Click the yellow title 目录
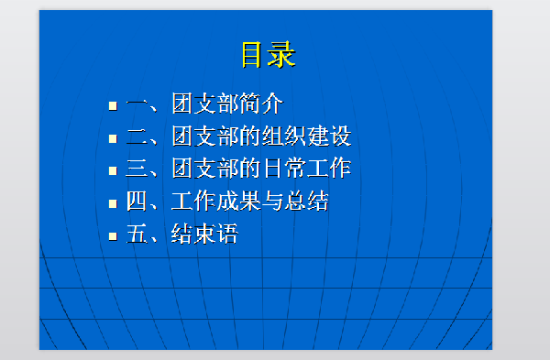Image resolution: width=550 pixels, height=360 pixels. pyautogui.click(x=268, y=54)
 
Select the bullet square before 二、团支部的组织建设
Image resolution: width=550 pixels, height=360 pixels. pyautogui.click(x=113, y=138)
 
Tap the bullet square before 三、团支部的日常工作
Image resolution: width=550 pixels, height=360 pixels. pyautogui.click(x=113, y=170)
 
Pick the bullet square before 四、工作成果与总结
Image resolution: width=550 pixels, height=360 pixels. pyautogui.click(x=113, y=203)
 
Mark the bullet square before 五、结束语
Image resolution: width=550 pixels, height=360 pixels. pyautogui.click(x=113, y=236)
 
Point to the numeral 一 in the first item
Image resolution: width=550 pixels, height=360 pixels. pyautogui.click(x=137, y=104)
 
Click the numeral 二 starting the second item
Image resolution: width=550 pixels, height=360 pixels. pyautogui.click(x=137, y=136)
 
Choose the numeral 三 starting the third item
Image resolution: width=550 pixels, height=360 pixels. pyautogui.click(x=137, y=169)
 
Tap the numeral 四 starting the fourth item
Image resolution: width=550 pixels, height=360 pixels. pyautogui.click(x=137, y=202)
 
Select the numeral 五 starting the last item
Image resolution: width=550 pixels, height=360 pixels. pyautogui.click(x=137, y=235)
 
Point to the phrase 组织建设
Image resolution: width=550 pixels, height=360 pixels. pyautogui.click(x=307, y=136)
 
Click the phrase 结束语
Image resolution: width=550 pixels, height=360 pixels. pyautogui.click(x=204, y=235)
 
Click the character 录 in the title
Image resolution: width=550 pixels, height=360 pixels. pyautogui.click(x=282, y=54)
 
